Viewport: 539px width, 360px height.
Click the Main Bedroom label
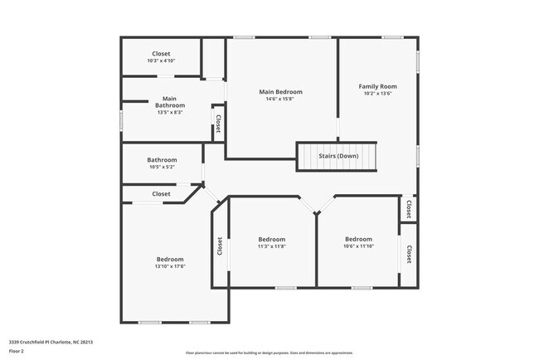pos(280,91)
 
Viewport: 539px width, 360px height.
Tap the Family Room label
pos(377,86)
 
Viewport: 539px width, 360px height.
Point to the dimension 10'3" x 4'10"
pos(161,61)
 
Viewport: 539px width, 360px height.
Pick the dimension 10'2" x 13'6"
pos(377,94)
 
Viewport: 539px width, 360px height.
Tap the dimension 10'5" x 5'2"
pos(162,168)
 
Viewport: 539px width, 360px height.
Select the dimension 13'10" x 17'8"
pos(169,266)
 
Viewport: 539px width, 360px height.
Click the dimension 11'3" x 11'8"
pos(271,246)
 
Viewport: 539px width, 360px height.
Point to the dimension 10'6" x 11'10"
pos(359,246)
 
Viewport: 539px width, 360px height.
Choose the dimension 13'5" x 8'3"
pos(169,113)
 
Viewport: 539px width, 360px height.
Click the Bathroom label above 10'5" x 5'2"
pos(162,160)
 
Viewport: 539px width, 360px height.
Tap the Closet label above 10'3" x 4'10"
pos(161,54)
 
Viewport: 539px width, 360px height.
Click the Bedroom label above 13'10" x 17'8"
pos(169,259)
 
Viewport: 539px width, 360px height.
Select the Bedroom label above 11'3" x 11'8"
pos(271,239)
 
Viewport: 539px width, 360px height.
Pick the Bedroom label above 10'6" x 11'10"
pos(359,239)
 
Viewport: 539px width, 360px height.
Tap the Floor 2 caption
pos(17,352)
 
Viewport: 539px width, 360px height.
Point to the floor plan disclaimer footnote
pos(269,353)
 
